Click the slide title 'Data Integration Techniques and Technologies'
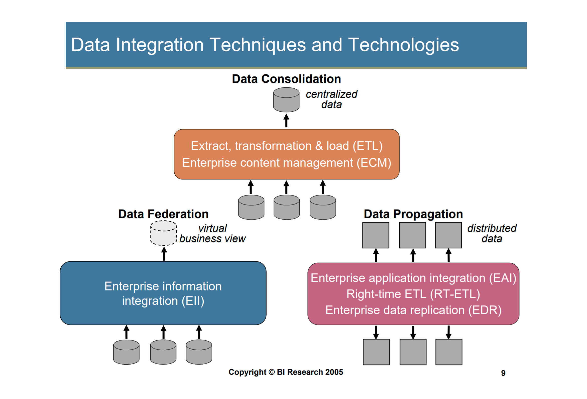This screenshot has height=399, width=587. (265, 45)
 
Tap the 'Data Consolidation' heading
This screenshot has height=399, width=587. (286, 79)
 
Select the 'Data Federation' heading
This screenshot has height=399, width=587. (163, 214)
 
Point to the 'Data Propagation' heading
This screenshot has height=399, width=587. (413, 214)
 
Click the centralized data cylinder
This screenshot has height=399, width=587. (286, 100)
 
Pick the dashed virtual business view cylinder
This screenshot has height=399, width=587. (163, 233)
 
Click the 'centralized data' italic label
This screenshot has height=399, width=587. (331, 99)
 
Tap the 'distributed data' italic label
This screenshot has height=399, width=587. (492, 233)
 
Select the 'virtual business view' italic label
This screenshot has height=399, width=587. (212, 233)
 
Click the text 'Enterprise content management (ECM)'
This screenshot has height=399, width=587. (287, 162)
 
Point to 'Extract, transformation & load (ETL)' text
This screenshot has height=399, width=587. (287, 146)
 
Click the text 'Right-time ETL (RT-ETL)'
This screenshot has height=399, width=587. (413, 294)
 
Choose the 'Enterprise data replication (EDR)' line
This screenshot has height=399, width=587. (413, 310)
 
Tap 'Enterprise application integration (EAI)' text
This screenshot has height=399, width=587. (413, 278)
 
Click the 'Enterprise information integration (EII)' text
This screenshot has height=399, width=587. (163, 293)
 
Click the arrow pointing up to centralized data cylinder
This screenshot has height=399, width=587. (286, 121)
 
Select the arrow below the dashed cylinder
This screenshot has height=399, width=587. (164, 253)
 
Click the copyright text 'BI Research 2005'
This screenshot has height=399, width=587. (310, 372)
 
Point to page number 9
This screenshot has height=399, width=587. (503, 373)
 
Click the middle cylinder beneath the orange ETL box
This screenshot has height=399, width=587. (287, 207)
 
